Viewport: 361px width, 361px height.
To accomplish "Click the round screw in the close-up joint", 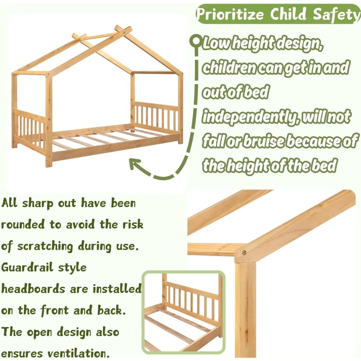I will click(x=244, y=253).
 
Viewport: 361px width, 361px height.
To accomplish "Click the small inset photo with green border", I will click(x=183, y=312).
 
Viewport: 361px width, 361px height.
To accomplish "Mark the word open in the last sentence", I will click(x=48, y=332).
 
